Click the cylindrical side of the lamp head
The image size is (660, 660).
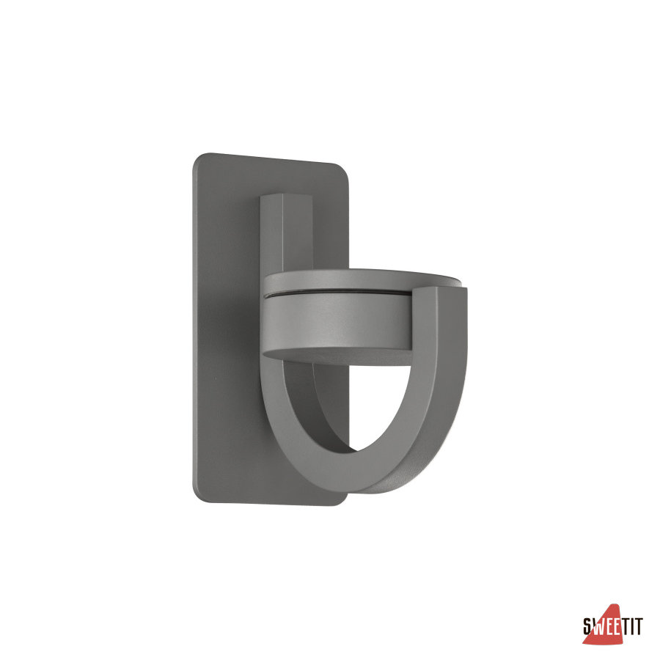[337, 320]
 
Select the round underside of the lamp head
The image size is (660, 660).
[337, 356]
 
